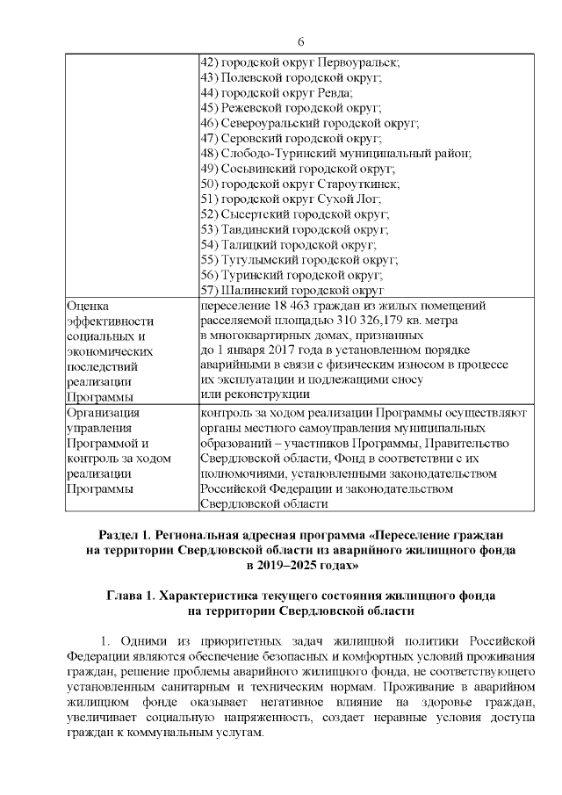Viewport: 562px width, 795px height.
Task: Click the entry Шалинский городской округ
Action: [x=292, y=289]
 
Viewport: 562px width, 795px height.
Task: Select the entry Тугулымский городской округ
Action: [x=299, y=259]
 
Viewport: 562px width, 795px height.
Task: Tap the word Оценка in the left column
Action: [x=89, y=305]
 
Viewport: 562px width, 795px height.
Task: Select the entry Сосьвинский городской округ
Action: [x=298, y=168]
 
